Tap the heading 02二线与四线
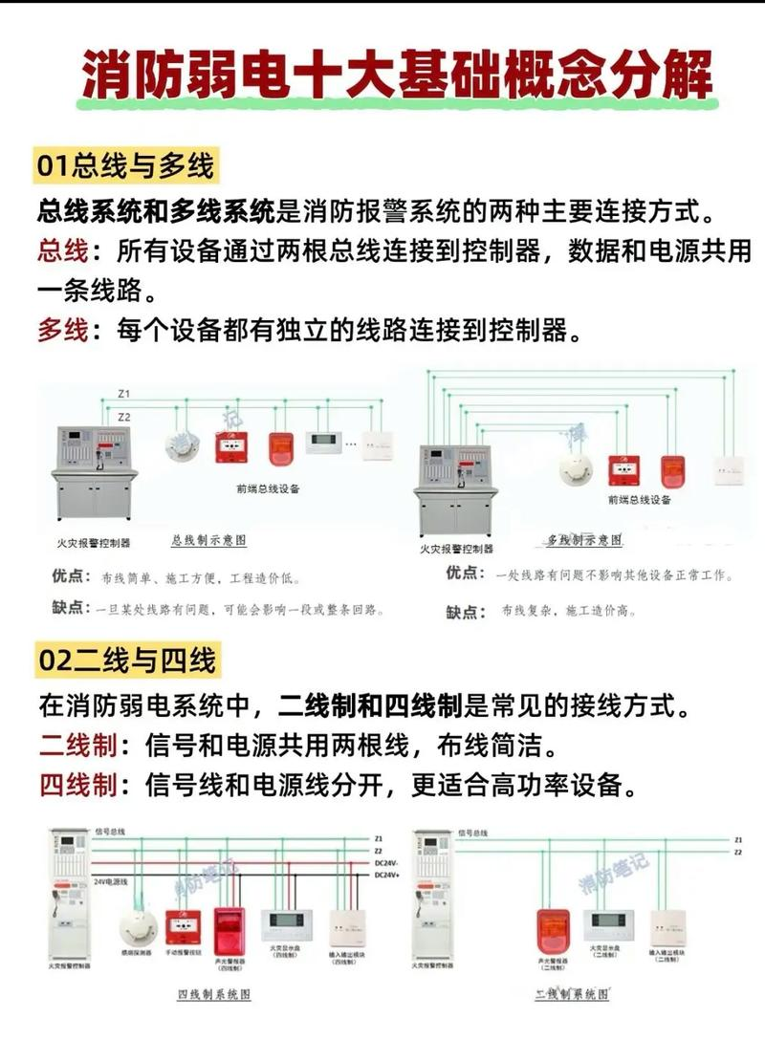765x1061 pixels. (x=124, y=660)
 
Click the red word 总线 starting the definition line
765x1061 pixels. (x=63, y=251)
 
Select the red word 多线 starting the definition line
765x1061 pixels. (x=63, y=332)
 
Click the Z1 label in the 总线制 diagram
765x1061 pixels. (x=124, y=394)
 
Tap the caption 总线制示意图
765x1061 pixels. (x=208, y=540)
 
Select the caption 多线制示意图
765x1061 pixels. (x=584, y=541)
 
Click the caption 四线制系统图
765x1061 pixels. (x=214, y=995)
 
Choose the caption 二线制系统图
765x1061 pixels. (x=572, y=995)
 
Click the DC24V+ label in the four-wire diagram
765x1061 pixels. (x=387, y=875)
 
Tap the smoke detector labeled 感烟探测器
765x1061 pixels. (x=137, y=926)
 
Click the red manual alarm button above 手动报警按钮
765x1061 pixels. (x=183, y=926)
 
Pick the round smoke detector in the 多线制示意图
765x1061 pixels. (x=576, y=467)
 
